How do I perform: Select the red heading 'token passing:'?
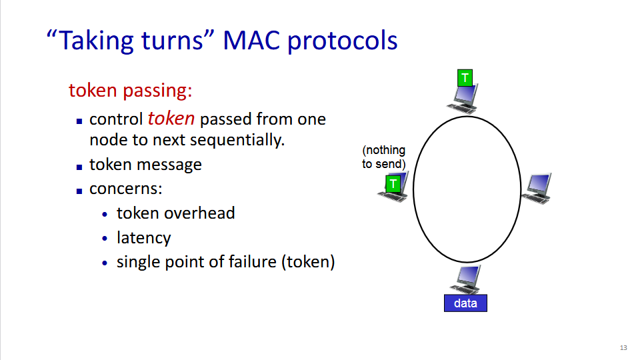click(x=131, y=90)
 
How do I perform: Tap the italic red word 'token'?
click(x=171, y=119)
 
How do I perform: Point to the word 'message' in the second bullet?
click(x=171, y=164)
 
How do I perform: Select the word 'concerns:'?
click(x=126, y=188)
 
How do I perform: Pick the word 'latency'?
click(x=143, y=237)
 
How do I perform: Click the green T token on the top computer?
click(x=465, y=78)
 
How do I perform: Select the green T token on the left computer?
click(x=393, y=183)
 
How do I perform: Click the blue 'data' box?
click(x=465, y=303)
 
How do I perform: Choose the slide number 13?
click(x=623, y=347)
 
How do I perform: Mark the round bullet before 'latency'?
click(x=105, y=238)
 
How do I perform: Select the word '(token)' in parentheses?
click(x=308, y=261)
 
